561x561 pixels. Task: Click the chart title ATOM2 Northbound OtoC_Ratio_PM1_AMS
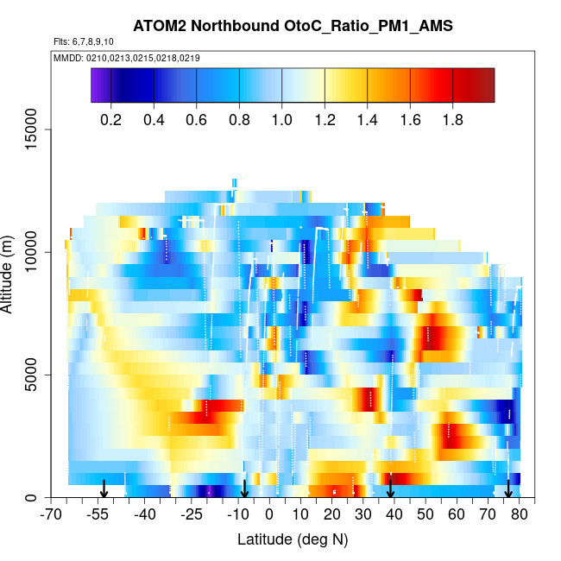[293, 27]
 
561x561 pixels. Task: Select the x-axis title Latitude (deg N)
[293, 539]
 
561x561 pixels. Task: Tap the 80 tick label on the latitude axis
[519, 515]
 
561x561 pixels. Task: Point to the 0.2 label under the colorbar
[111, 120]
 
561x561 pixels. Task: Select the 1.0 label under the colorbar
[282, 120]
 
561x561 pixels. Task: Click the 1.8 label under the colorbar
[452, 120]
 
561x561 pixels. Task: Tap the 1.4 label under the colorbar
[367, 120]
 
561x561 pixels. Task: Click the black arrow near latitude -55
[104, 489]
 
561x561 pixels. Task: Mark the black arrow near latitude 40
[391, 489]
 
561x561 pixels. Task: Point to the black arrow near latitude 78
[508, 489]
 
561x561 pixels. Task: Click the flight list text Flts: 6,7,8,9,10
[83, 41]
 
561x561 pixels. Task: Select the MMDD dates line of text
[127, 58]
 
